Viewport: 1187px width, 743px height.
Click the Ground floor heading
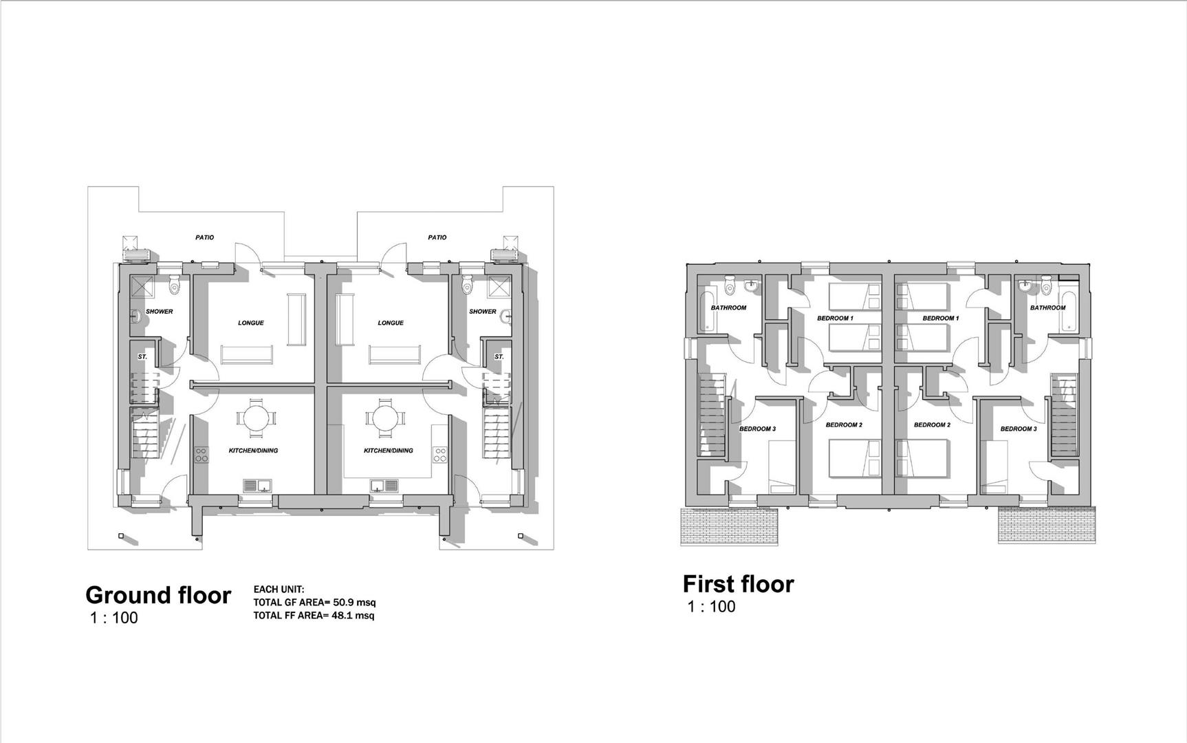(158, 595)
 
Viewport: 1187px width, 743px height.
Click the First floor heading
(738, 584)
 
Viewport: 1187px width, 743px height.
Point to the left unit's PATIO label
(204, 237)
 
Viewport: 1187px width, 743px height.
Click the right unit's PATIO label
(437, 237)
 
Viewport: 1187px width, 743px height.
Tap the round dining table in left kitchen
(255, 418)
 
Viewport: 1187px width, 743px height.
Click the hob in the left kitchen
(202, 455)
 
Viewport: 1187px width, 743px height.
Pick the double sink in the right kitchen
(384, 486)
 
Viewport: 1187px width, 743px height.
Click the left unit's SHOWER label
(159, 312)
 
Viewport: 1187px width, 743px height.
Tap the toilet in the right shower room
(468, 283)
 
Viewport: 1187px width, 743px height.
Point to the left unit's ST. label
(142, 357)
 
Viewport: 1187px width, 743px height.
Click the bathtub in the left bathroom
(705, 312)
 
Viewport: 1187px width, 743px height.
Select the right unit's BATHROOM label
(1047, 308)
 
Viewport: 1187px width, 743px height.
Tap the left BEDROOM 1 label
(835, 319)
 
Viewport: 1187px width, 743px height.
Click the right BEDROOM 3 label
(1018, 429)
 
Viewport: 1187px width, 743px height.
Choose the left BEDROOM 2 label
(844, 425)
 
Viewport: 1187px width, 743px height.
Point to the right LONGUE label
(391, 323)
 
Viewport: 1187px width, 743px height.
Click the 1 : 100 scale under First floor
(712, 607)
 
